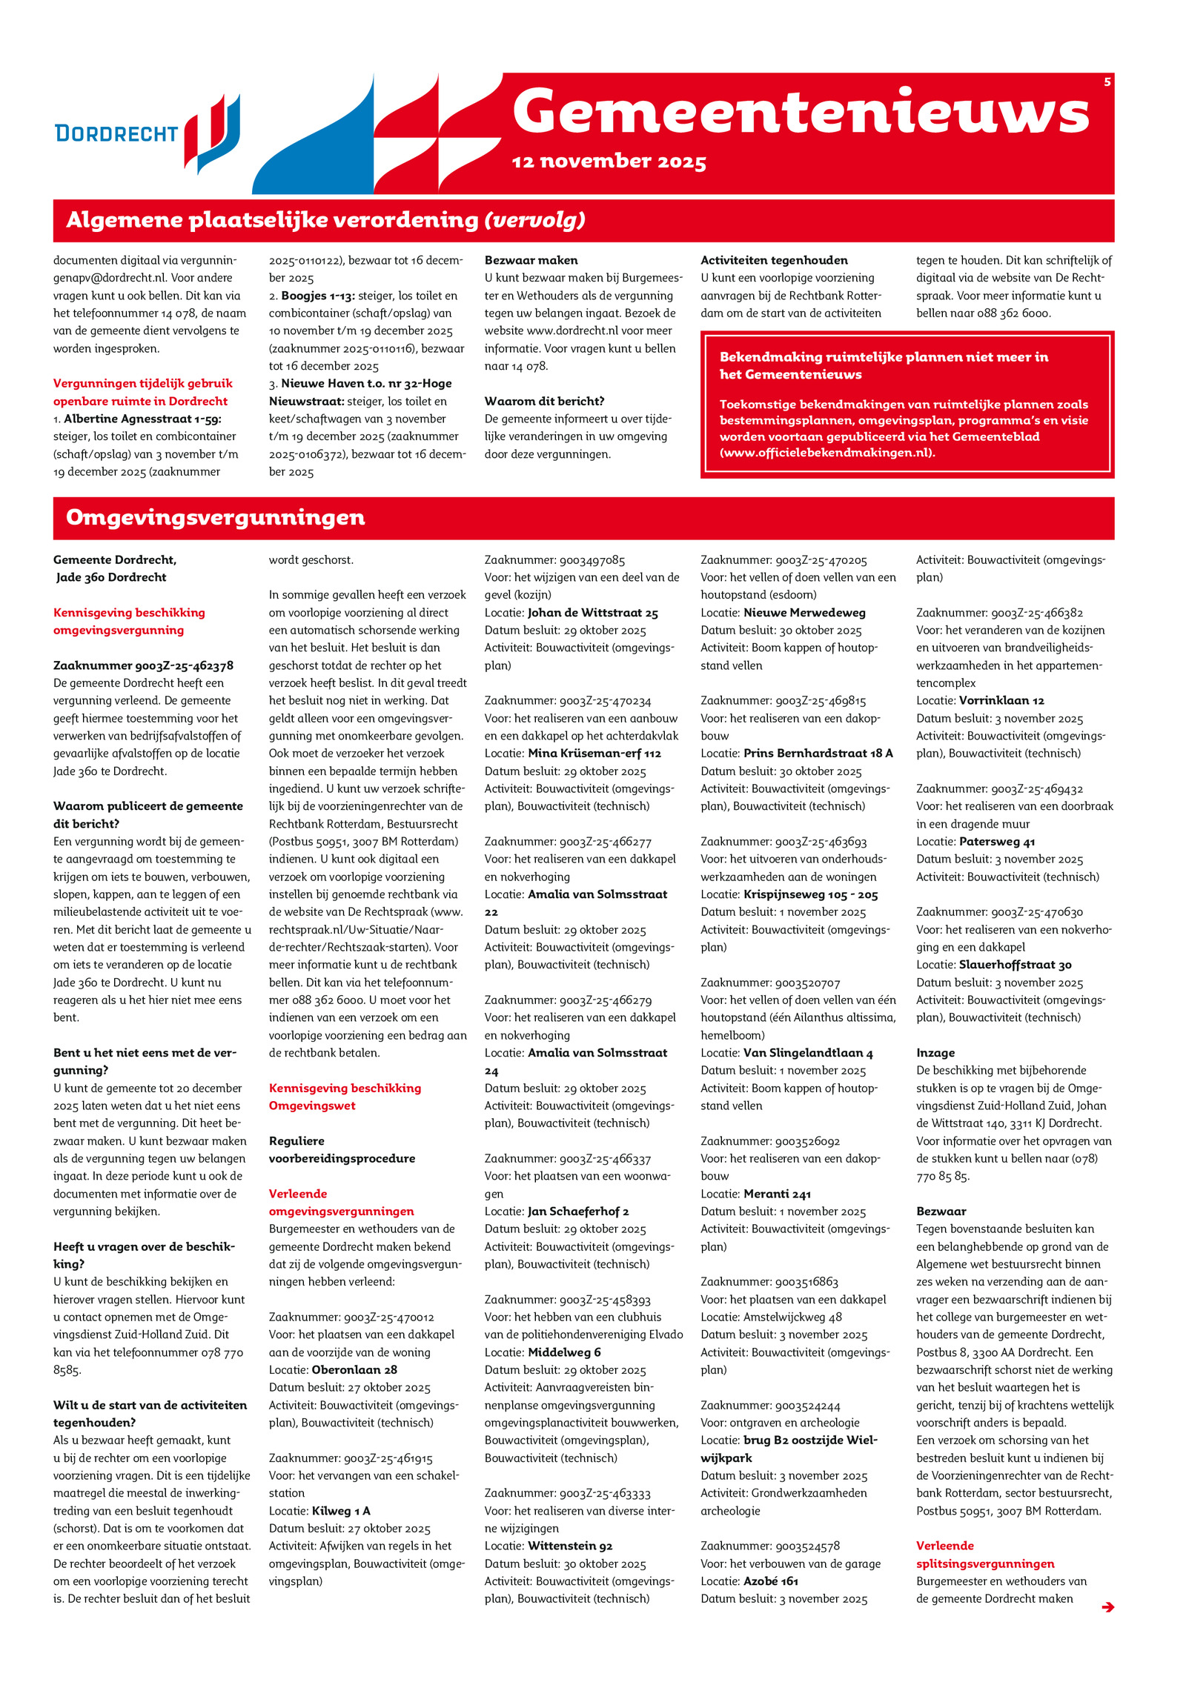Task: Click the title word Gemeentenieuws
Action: point(801,112)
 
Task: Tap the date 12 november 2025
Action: point(609,162)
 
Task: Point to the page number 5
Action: point(1107,82)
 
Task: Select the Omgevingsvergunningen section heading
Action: point(215,517)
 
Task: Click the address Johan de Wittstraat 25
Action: point(592,613)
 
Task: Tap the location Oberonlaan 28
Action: point(354,1369)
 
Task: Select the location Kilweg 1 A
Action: point(341,1510)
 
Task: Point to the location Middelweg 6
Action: point(564,1352)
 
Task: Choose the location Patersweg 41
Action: point(997,842)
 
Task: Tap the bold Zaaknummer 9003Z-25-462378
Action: point(143,665)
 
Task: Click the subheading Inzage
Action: point(935,1053)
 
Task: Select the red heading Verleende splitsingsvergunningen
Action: point(984,1555)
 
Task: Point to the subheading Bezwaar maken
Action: point(531,260)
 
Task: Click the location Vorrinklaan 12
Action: point(1001,700)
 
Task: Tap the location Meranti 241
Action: point(777,1194)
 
